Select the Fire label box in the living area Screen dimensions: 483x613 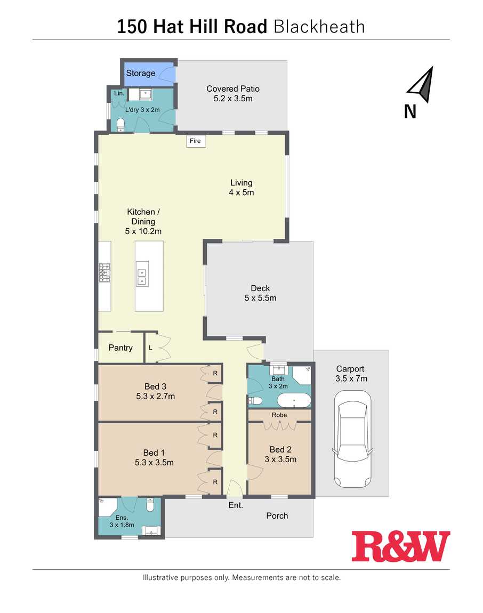tap(196, 141)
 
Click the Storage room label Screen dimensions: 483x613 tap(140, 73)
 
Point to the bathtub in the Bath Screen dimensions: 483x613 tap(294, 400)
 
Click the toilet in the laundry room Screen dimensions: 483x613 tap(120, 125)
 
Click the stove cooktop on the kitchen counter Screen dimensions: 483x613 tap(104, 272)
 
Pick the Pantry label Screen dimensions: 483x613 tap(120, 348)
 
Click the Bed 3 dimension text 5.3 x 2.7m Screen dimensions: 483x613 tap(155, 396)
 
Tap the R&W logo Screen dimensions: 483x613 tap(401, 546)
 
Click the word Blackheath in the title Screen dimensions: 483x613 tap(319, 27)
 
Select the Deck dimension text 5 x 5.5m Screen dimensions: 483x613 tap(261, 298)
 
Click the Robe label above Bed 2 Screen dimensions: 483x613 tap(279, 415)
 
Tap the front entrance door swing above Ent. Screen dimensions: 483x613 tap(235, 488)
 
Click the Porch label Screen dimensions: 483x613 tap(277, 515)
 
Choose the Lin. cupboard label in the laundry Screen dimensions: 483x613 tap(119, 93)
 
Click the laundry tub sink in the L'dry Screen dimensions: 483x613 tap(144, 94)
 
